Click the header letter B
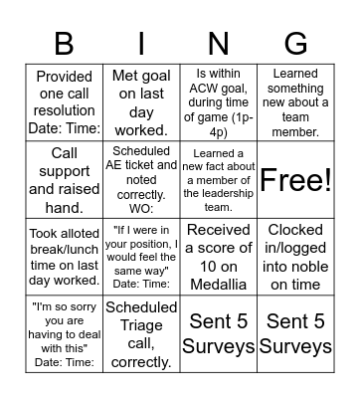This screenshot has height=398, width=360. (64, 44)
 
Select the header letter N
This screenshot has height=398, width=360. (218, 44)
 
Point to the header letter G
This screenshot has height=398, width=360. (295, 44)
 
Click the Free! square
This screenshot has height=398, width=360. (295, 179)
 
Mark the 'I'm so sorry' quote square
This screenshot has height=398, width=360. (64, 333)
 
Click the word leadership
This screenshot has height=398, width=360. (218, 194)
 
